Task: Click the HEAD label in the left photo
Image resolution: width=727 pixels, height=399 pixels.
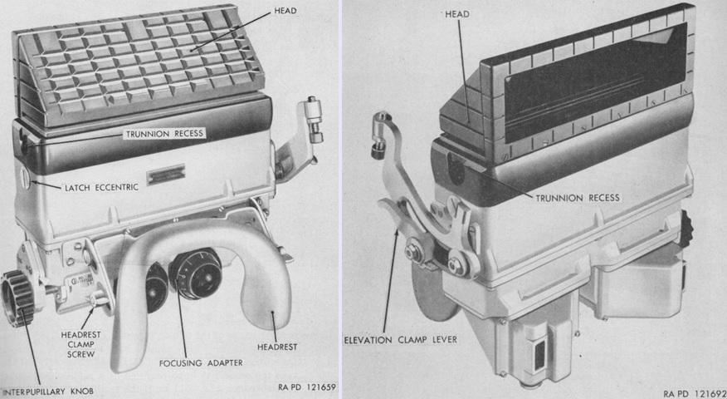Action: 285,10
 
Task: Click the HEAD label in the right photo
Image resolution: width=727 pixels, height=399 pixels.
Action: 456,14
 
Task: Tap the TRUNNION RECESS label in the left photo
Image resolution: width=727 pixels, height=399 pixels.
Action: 165,134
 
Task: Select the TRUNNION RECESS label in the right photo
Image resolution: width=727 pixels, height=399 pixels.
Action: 578,199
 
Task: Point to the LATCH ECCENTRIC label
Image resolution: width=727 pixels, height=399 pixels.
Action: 101,188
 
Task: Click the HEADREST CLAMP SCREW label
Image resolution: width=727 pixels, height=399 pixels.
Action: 81,344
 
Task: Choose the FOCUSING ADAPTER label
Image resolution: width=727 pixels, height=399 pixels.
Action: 201,362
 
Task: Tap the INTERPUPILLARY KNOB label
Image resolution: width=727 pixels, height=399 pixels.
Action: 48,392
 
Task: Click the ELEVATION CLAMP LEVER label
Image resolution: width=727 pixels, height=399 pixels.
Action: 400,340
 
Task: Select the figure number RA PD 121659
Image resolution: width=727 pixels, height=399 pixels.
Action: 306,387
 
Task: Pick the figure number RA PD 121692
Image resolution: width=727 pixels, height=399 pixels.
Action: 694,394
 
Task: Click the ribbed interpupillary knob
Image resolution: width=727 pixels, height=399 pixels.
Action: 16,298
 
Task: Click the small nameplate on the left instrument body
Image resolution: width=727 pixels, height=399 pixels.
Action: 166,175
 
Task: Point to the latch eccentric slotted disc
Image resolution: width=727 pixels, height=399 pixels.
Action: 26,177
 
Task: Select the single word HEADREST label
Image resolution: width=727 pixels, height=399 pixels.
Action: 277,347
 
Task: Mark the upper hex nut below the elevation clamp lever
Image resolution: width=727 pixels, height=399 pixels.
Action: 412,251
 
